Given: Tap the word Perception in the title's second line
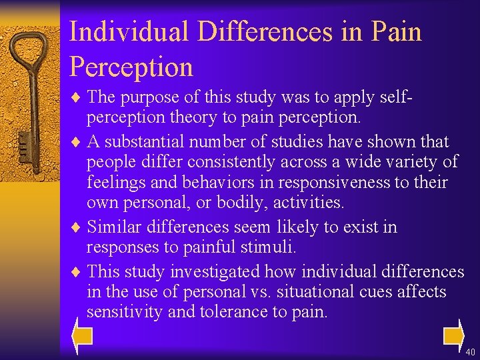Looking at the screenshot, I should point(131,67).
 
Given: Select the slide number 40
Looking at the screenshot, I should point(470,351).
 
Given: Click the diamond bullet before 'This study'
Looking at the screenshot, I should point(77,271).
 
